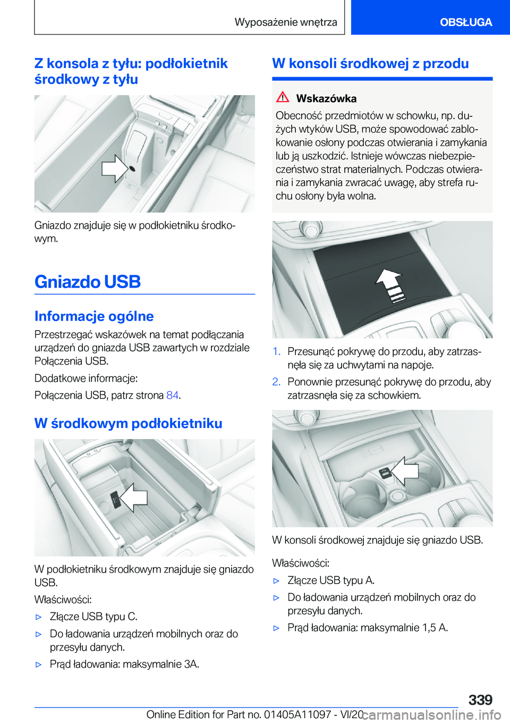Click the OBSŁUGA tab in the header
465,22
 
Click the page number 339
480,700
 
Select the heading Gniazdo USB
88,282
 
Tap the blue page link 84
172,395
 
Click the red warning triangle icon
283,97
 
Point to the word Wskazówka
326,98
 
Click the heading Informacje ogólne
94,316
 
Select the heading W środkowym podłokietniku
128,424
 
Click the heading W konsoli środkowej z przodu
370,64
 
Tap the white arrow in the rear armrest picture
114,169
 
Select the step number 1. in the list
276,352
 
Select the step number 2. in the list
276,382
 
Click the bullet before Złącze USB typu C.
38,617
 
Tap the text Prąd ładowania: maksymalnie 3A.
124,664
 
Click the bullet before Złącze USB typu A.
276,581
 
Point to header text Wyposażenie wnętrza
286,22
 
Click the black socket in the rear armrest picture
132,169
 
